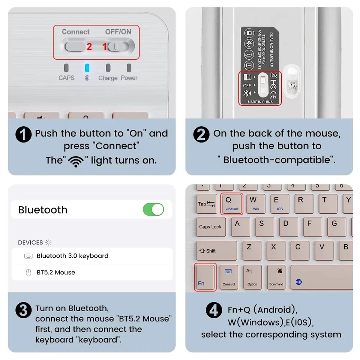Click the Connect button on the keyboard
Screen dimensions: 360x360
coord(75,46)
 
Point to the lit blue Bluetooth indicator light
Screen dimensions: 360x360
coord(87,68)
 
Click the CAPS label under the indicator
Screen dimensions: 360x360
coord(66,78)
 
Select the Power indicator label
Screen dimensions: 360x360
coord(129,78)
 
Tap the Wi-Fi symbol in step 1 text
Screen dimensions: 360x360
coord(76,161)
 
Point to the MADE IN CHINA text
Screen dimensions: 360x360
coord(260,102)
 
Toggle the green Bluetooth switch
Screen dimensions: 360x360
coord(153,209)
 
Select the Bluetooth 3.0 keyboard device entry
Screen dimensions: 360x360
coord(72,256)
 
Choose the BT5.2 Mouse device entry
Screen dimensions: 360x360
coord(55,273)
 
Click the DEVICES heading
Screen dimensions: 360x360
coord(30,243)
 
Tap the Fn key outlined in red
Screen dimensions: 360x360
coord(205,277)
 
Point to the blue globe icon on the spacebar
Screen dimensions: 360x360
coord(298,282)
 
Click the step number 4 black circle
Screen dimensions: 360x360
coord(214,310)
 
